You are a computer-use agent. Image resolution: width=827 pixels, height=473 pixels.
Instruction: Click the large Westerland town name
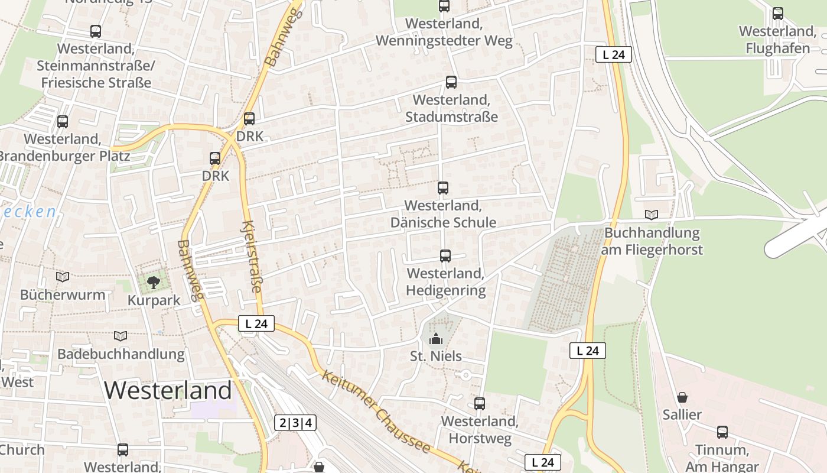coord(168,390)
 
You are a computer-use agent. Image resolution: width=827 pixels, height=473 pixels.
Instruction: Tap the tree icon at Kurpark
coord(154,282)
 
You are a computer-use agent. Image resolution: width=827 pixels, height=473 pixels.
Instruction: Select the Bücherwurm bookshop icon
coord(63,277)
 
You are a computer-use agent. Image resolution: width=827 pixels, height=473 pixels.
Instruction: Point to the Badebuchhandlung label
coord(121,354)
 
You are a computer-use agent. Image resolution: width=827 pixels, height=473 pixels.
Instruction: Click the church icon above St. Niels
coord(436,339)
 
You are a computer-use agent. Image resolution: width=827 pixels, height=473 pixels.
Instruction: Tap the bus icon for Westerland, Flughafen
coord(777,14)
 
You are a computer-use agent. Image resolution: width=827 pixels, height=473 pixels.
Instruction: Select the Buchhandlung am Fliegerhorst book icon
coord(652,215)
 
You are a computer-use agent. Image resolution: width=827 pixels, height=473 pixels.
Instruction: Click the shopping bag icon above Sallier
coord(682,397)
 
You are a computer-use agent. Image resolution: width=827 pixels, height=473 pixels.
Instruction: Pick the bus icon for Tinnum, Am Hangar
coord(722,432)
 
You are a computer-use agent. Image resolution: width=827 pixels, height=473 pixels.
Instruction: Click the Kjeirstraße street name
coord(252,257)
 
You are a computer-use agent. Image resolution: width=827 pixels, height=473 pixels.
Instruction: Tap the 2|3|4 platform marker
coord(295,423)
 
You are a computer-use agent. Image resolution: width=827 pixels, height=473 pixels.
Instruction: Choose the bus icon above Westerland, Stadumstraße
coord(451,82)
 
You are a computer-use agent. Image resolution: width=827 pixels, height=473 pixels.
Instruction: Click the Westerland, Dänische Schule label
coord(443,214)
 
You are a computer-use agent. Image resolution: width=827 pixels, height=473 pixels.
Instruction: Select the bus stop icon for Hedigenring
coord(445,256)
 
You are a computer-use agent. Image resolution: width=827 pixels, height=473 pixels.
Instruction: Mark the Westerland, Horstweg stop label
coord(480,430)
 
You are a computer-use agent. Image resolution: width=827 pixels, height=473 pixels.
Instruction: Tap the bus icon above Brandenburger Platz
coord(63,122)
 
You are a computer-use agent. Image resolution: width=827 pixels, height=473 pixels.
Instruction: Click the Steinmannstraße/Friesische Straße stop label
coord(96,65)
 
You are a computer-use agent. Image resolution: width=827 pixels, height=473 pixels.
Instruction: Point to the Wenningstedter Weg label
coord(444,33)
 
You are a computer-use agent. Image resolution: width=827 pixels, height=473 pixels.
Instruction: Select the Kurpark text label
coord(154,300)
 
